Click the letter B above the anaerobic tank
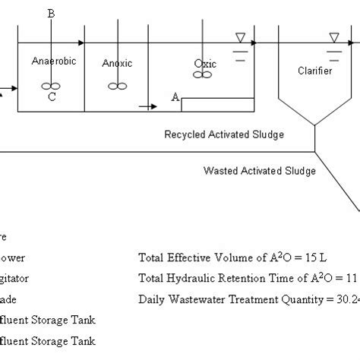click(51, 14)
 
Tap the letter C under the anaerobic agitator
click(51, 96)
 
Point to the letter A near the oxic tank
click(175, 97)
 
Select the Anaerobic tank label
click(53, 61)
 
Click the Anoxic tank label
click(117, 63)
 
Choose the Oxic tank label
click(205, 64)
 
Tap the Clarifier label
click(315, 71)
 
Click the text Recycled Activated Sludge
click(224, 134)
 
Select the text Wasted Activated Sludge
click(259, 171)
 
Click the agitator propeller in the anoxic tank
click(117, 86)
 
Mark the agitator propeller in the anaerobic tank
click(51, 86)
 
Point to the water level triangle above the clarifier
click(334, 37)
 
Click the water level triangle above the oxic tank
click(240, 37)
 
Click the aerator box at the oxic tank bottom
click(217, 105)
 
